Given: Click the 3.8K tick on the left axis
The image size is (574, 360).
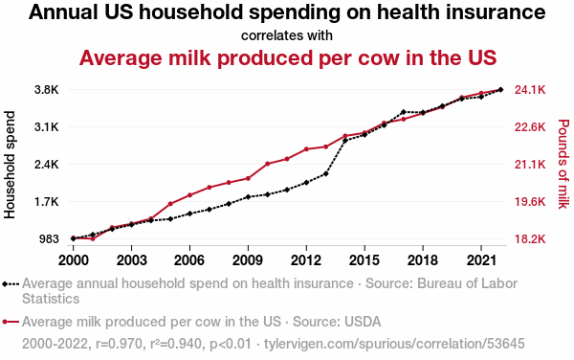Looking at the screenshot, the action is pyautogui.click(x=47, y=90).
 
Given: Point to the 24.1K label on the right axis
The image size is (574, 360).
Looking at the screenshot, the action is pyautogui.click(x=530, y=90).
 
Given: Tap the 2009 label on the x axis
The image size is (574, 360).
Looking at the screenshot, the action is pyautogui.click(x=248, y=260).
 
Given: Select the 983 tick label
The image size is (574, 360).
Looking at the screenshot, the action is pyautogui.click(x=49, y=239).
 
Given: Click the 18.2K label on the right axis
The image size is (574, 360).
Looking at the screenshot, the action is pyautogui.click(x=530, y=239).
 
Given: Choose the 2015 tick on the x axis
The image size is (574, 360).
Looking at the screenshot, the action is pyautogui.click(x=364, y=260).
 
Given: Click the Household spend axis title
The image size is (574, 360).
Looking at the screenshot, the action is pyautogui.click(x=10, y=165).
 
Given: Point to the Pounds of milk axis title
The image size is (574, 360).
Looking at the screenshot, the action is pyautogui.click(x=563, y=164).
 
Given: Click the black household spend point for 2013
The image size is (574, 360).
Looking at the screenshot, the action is pyautogui.click(x=326, y=173).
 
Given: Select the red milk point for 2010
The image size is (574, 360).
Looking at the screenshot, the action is pyautogui.click(x=268, y=164).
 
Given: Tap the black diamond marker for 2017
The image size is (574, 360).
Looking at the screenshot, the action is pyautogui.click(x=404, y=112).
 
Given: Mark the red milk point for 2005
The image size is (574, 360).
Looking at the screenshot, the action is pyautogui.click(x=170, y=204).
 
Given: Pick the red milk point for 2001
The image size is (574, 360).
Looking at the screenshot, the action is pyautogui.click(x=93, y=238).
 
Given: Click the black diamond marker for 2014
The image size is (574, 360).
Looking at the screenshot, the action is pyautogui.click(x=345, y=140).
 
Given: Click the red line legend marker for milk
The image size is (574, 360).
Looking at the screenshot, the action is pyautogui.click(x=11, y=322).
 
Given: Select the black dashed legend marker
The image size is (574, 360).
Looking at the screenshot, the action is pyautogui.click(x=11, y=283).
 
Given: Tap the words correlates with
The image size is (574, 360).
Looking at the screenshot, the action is pyautogui.click(x=287, y=35).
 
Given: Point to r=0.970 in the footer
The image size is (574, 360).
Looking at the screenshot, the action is pyautogui.click(x=119, y=344).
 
